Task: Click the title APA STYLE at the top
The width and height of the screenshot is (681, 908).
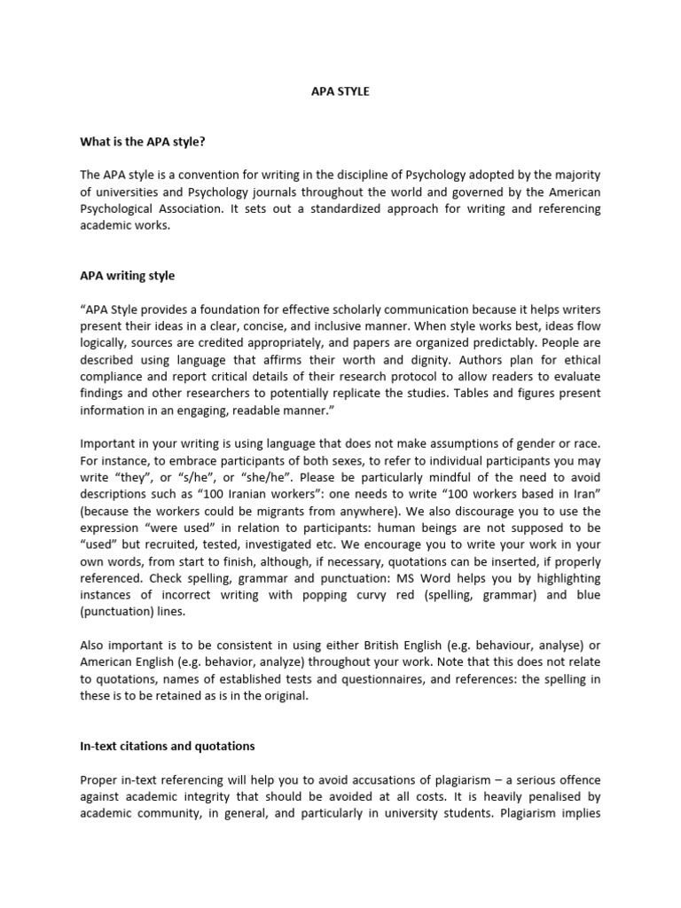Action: [340, 91]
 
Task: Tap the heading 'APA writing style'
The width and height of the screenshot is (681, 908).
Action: [128, 276]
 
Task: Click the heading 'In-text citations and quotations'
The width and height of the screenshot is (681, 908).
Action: [167, 747]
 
